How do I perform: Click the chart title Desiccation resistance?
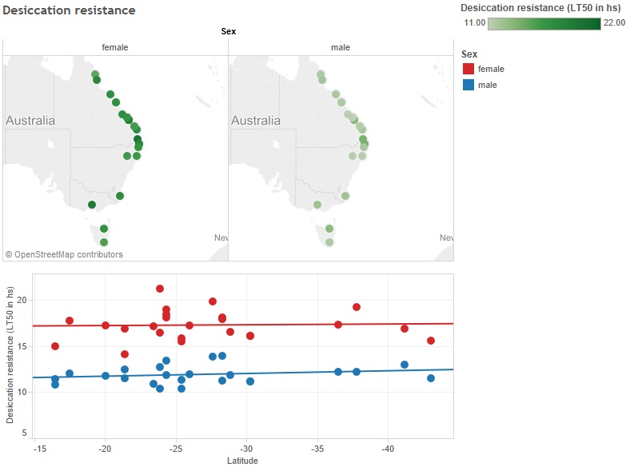69,10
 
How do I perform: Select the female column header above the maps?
114,47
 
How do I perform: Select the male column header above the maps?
341,47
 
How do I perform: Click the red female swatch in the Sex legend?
469,69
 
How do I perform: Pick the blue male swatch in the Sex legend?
469,84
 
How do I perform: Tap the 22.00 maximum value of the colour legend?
614,23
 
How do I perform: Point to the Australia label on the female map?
30,121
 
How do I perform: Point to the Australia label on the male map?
256,121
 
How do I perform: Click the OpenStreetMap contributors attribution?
65,254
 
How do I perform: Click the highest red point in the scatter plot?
160,289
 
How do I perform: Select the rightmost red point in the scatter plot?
431,341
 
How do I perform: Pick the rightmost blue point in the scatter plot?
431,378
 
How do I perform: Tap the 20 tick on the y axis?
22,300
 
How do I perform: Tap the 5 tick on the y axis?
25,433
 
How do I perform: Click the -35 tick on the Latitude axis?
317,449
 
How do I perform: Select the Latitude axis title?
242,461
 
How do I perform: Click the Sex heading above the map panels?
228,32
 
